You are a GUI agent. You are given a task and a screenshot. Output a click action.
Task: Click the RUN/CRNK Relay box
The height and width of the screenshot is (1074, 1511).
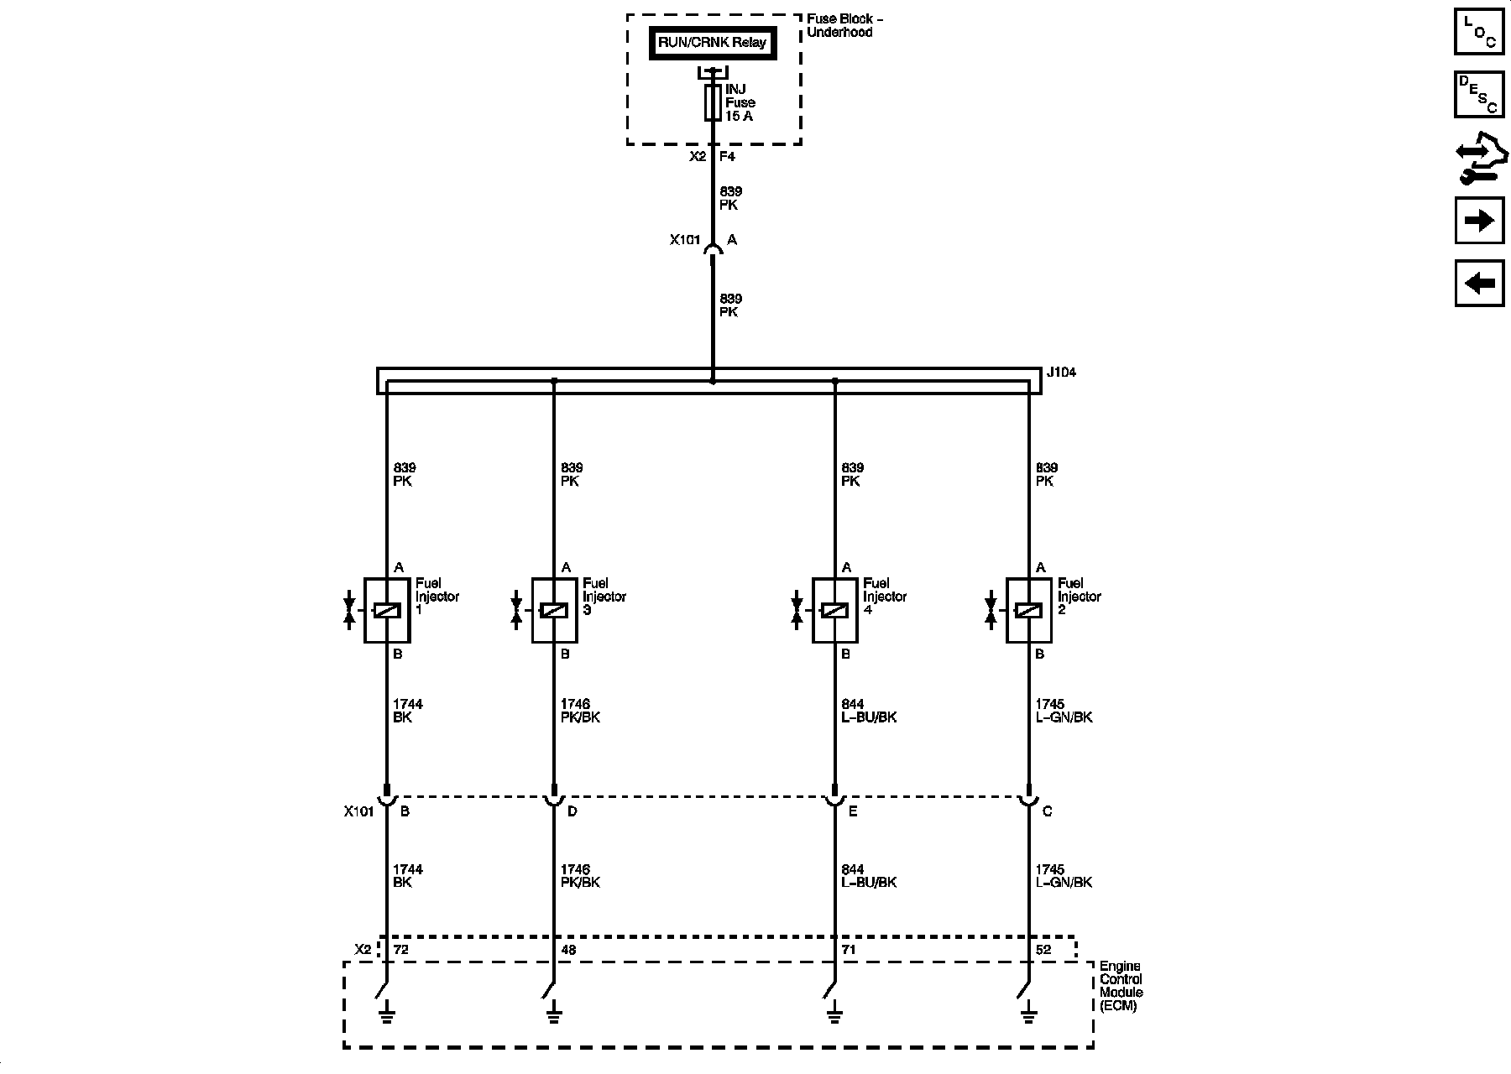tap(712, 43)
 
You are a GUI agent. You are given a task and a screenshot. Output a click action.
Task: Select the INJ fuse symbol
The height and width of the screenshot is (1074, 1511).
tap(713, 102)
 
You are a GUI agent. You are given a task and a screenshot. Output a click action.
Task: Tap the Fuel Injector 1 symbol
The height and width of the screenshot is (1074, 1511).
tap(386, 610)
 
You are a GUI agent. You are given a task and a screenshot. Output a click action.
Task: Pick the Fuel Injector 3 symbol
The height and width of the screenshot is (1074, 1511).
tap(554, 610)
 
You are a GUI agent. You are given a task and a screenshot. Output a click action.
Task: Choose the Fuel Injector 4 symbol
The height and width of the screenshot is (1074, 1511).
tap(834, 610)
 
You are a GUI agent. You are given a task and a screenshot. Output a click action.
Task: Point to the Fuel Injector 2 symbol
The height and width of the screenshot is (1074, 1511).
tap(1028, 610)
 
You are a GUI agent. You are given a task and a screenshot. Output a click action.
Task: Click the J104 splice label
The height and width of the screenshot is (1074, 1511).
tap(1061, 372)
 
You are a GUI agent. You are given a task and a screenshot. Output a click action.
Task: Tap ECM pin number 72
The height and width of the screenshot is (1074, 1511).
tap(401, 950)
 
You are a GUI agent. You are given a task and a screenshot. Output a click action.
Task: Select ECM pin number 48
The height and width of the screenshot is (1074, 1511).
tap(569, 950)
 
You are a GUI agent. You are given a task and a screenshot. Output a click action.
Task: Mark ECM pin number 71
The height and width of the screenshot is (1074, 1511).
tap(850, 950)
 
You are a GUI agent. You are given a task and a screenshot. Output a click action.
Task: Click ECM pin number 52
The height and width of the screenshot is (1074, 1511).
tap(1043, 950)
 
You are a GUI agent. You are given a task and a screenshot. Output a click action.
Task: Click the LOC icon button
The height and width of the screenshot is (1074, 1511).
tap(1479, 31)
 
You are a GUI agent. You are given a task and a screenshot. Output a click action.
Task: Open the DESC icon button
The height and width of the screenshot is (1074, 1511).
tap(1479, 94)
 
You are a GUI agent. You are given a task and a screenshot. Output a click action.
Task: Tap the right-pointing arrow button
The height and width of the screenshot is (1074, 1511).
tap(1479, 221)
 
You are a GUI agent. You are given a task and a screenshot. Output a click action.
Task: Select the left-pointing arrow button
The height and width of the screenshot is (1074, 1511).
tap(1479, 283)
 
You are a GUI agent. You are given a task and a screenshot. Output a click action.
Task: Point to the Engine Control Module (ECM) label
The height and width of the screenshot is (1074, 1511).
tap(1121, 986)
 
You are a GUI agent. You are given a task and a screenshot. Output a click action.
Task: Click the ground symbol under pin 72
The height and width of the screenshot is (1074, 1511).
tap(386, 1016)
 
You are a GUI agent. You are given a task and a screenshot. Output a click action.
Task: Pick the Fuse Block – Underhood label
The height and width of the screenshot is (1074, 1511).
tap(844, 25)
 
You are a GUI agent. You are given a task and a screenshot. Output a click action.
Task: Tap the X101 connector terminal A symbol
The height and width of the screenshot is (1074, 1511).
tap(713, 248)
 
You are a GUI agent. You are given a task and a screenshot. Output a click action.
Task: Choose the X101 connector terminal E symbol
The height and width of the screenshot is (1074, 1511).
tap(834, 800)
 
